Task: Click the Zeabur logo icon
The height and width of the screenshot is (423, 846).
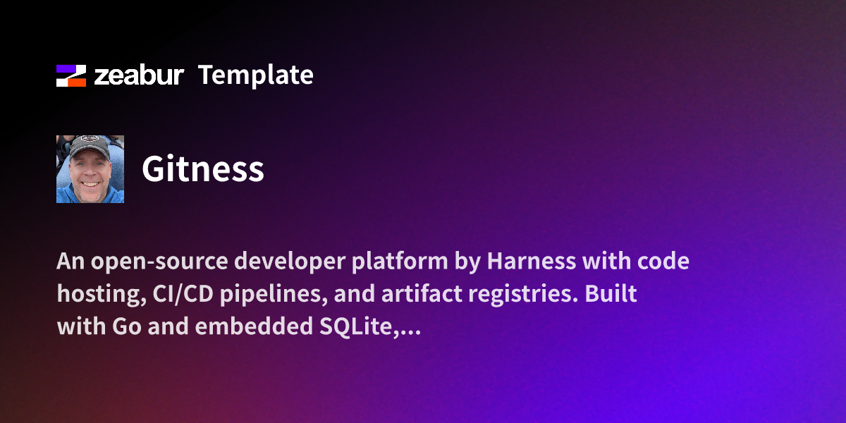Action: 70,75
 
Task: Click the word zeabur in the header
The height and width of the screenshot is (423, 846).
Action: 139,75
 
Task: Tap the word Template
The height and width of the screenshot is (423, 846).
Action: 255,75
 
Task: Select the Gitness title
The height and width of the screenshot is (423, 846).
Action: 203,169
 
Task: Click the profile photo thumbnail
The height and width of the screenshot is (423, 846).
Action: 90,169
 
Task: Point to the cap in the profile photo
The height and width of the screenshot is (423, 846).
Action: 90,146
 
